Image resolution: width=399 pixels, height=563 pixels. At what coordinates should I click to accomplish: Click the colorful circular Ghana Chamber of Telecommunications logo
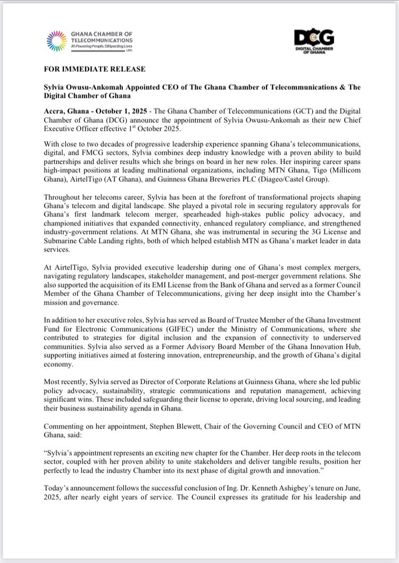click(x=56, y=41)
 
